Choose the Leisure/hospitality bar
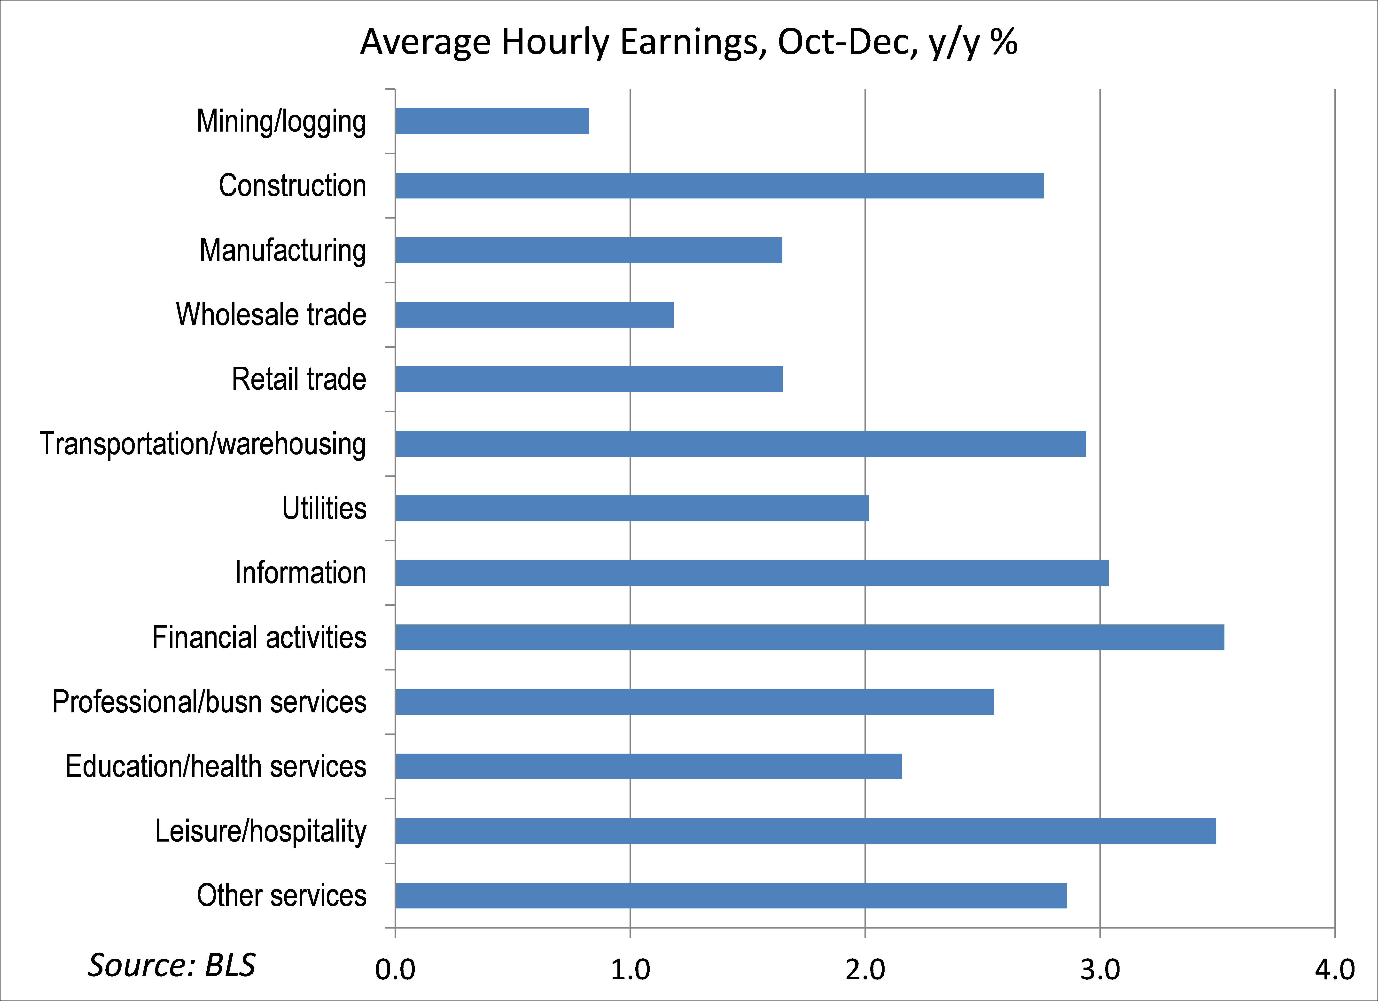[x=805, y=831]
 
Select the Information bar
[x=752, y=573]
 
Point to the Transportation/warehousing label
[x=202, y=444]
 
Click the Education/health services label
[x=216, y=766]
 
